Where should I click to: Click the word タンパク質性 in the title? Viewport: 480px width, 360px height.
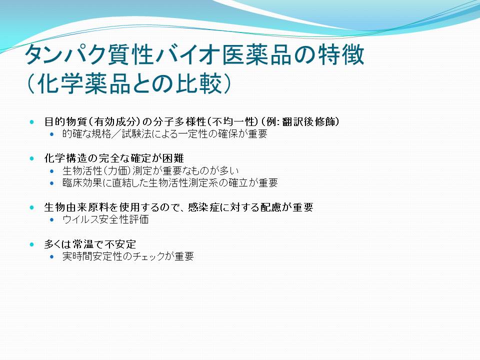[x=89, y=55]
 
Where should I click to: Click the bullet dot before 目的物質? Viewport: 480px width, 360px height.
[x=32, y=122]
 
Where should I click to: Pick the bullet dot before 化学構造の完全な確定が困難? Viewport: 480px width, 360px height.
[x=32, y=158]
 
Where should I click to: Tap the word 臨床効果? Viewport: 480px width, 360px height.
[x=82, y=183]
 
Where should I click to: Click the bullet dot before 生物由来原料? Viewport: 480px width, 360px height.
[x=32, y=207]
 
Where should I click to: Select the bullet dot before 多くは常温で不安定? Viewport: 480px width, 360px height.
[x=32, y=244]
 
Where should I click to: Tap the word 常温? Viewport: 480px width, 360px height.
[x=83, y=244]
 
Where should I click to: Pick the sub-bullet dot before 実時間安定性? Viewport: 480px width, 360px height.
[x=51, y=256]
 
